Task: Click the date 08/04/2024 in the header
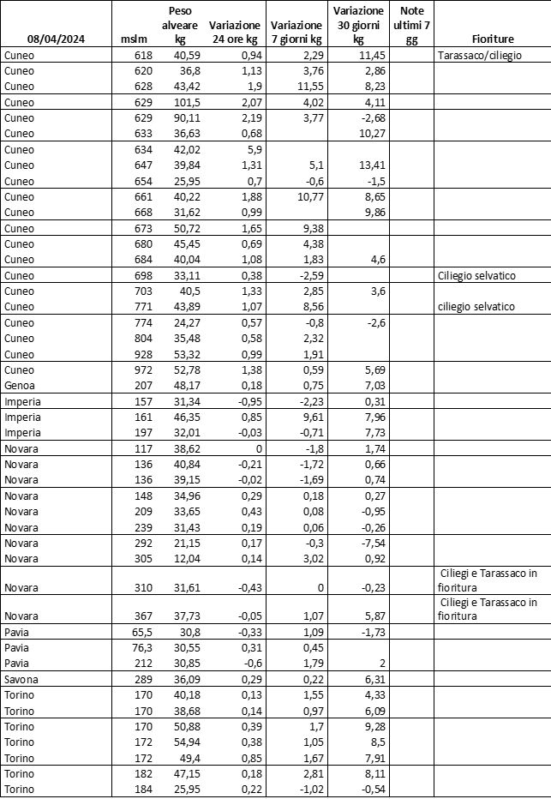(x=57, y=39)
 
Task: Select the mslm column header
(x=135, y=39)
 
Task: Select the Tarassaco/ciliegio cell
(x=479, y=56)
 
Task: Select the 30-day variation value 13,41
(x=362, y=166)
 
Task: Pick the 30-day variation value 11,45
(x=362, y=56)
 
